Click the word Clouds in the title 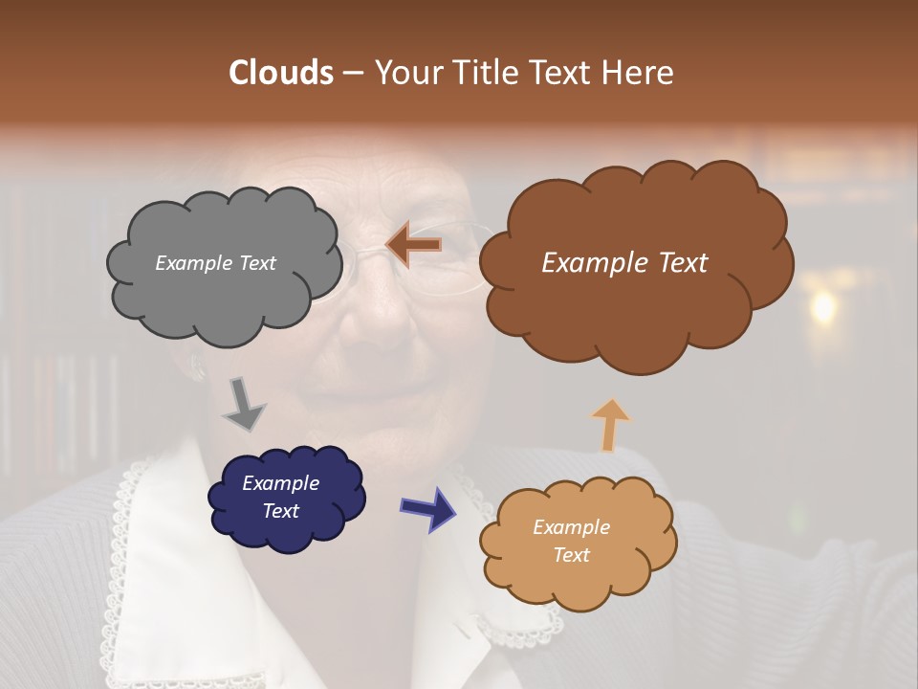(281, 73)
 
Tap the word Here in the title (638, 73)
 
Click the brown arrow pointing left (414, 245)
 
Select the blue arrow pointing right (427, 508)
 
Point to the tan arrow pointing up (610, 425)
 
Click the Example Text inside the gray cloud (215, 263)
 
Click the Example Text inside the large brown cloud (624, 263)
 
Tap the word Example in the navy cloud (280, 483)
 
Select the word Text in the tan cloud (571, 555)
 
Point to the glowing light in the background (820, 306)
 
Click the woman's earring (199, 367)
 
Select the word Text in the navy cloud (280, 511)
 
